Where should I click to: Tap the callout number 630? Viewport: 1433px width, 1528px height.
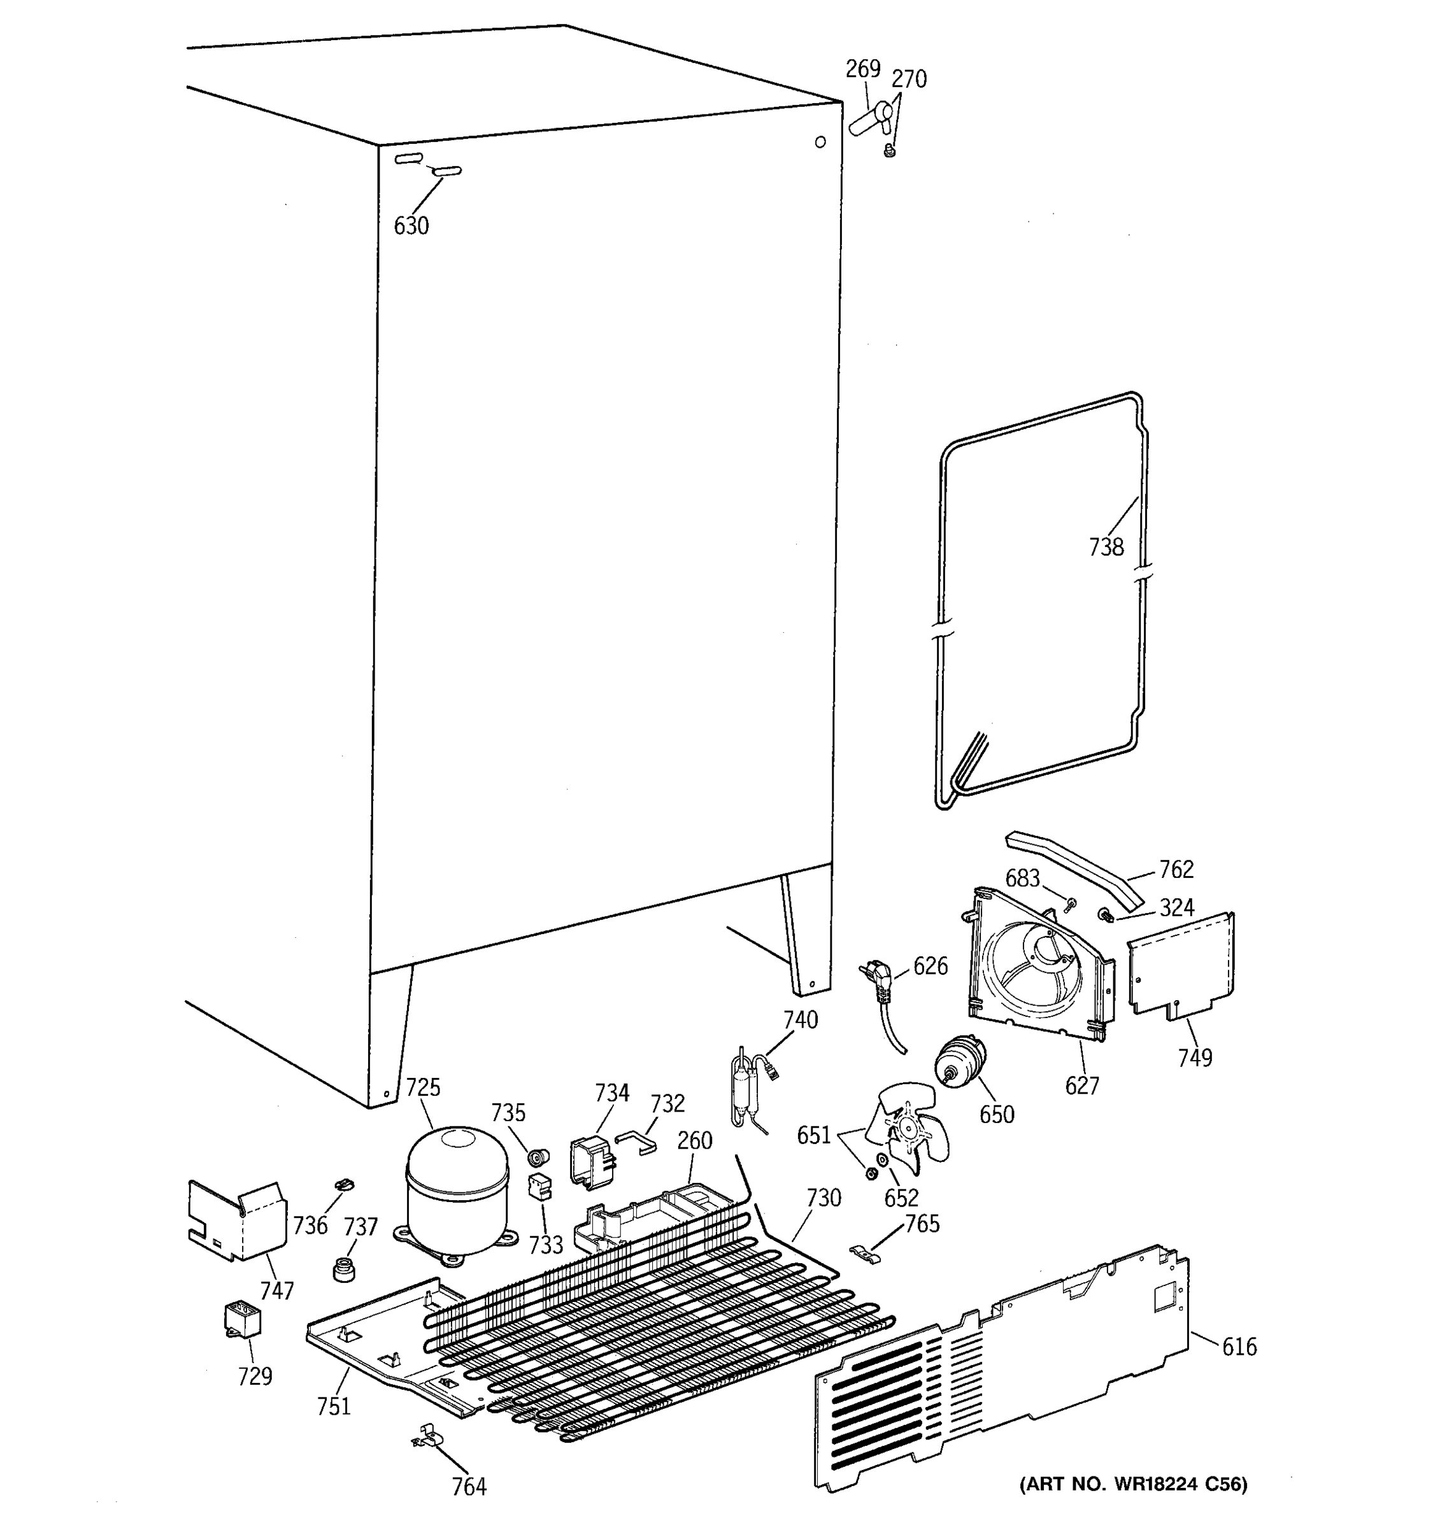[411, 226]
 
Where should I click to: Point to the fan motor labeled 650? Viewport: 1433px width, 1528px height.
[959, 1062]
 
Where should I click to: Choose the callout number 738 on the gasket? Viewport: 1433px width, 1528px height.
[1106, 548]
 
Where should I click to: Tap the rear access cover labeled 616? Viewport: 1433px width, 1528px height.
[999, 1376]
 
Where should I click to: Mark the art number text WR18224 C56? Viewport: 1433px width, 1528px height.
[1133, 1484]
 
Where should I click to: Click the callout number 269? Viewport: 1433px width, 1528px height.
[862, 69]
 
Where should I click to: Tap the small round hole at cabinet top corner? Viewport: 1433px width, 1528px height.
[820, 141]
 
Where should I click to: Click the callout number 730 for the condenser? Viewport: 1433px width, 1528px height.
[823, 1198]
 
